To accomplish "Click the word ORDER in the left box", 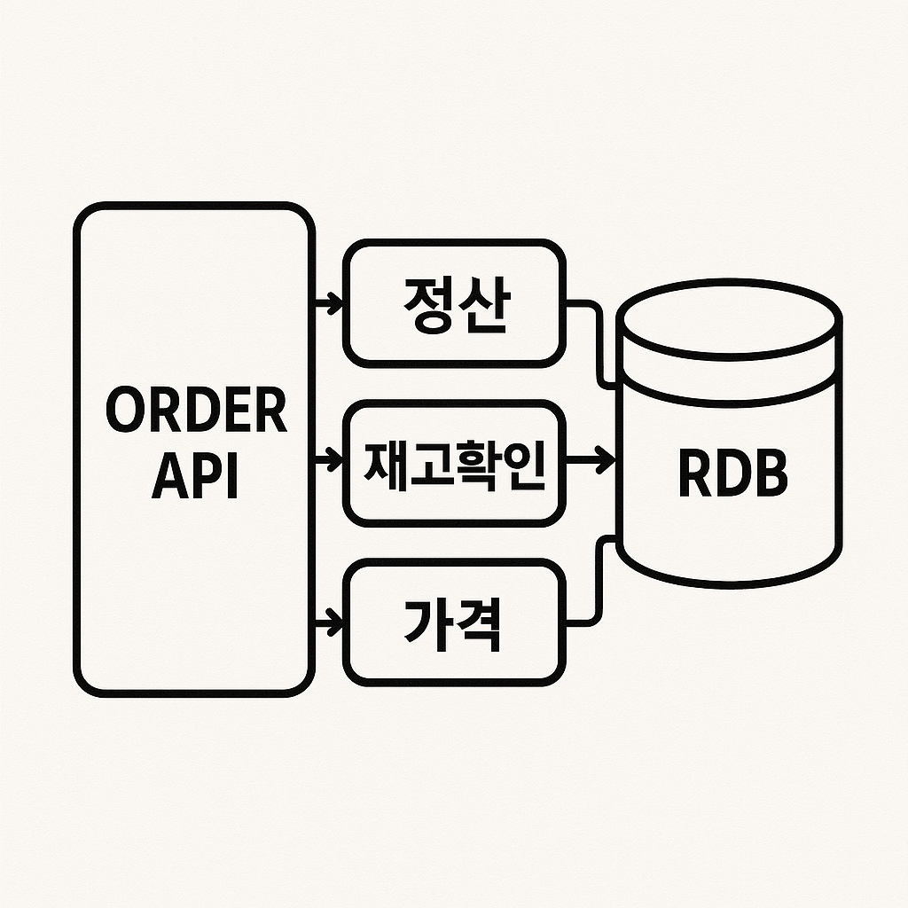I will (196, 411).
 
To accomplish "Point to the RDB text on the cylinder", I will (732, 475).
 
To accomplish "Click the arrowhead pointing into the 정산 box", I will (335, 303).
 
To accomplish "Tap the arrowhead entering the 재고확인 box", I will (335, 461).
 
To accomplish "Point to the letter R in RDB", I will (695, 475).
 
